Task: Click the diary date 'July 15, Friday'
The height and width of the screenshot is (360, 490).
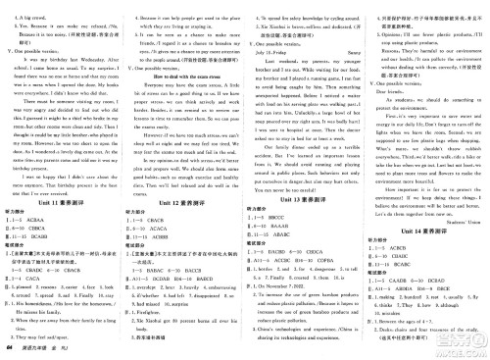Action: pyautogui.click(x=270, y=60)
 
